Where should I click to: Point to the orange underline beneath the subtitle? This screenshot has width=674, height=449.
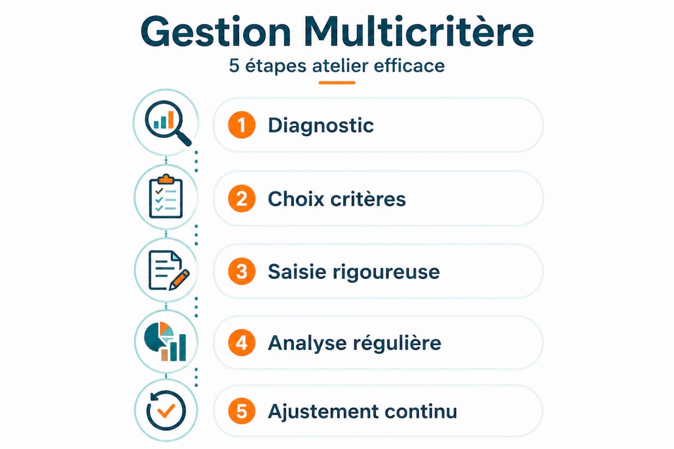(337, 82)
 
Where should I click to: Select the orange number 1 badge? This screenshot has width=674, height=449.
(242, 125)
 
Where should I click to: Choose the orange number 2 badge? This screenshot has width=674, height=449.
(242, 199)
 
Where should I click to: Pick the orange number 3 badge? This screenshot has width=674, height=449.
(242, 271)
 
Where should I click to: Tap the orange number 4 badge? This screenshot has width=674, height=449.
(242, 343)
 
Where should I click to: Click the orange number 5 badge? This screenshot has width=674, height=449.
(242, 412)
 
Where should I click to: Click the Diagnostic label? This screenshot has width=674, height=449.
(321, 125)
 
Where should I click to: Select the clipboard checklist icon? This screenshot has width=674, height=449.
(166, 196)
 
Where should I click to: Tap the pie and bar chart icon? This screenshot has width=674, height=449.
(166, 341)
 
